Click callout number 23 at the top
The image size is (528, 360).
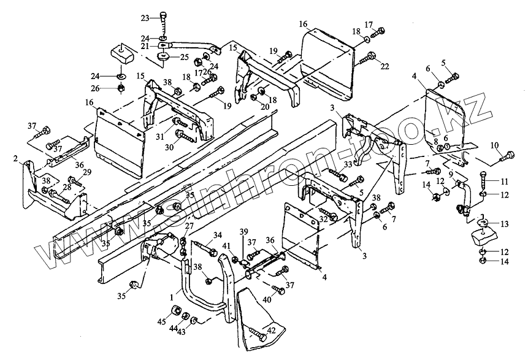[145, 17]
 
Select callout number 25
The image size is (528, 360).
[184, 57]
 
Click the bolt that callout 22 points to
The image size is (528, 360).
[367, 59]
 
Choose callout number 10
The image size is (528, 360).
[494, 145]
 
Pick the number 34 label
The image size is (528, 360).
[217, 235]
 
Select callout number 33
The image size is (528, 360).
[348, 164]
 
